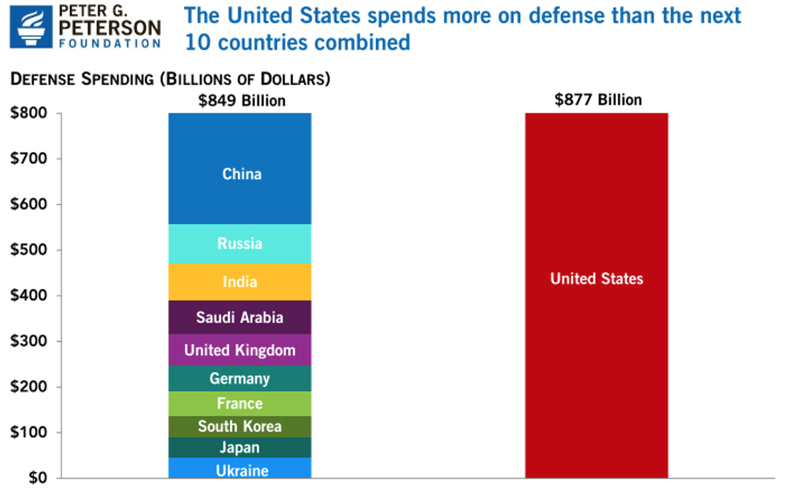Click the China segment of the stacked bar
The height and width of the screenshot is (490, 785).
[240, 168]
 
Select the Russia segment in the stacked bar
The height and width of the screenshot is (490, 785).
[240, 244]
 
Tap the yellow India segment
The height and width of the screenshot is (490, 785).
[240, 281]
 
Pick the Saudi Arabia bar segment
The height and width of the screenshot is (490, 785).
[240, 317]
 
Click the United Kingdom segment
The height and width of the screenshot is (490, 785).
[240, 350]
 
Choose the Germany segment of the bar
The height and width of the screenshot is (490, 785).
[240, 379]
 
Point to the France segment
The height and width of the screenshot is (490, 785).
[240, 403]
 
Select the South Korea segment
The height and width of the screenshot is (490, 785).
[240, 426]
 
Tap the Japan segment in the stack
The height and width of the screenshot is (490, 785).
[240, 448]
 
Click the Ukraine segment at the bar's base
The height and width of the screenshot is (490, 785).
[240, 470]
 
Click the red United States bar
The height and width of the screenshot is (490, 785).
[596, 295]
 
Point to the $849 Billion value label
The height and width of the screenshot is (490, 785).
[242, 101]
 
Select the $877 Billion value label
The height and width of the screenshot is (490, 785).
[598, 100]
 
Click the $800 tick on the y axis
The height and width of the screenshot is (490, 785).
[28, 113]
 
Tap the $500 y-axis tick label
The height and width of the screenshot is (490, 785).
[28, 250]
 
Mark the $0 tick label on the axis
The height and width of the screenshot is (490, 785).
[36, 478]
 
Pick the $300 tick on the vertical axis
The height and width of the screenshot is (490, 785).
[28, 342]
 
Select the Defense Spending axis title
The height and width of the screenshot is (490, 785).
[170, 79]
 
